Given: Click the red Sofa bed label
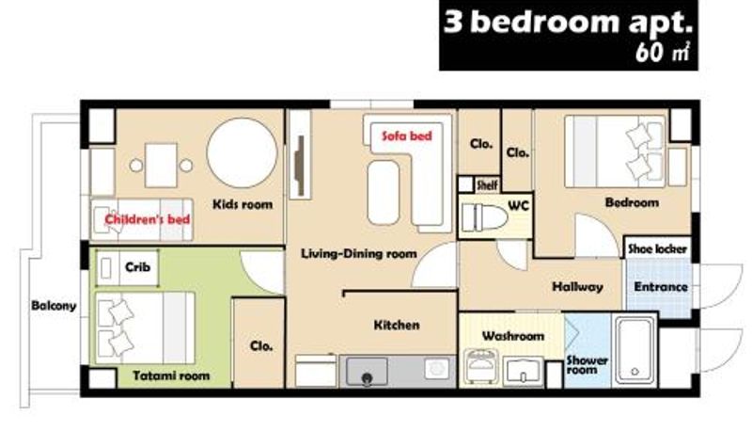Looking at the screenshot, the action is [407, 136].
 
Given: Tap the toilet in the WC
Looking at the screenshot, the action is [484, 218].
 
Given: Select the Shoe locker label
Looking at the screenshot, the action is [657, 249].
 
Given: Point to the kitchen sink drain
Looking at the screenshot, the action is [367, 378].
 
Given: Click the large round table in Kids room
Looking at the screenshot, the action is [243, 152].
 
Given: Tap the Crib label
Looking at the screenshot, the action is [137, 267].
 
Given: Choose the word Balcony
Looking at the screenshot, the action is [54, 306].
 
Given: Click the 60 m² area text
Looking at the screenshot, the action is [663, 52].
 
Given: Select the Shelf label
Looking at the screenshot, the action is [487, 184].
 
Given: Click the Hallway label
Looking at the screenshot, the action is [577, 287].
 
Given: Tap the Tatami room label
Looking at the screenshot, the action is [171, 375].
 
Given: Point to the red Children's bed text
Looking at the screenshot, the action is [148, 219].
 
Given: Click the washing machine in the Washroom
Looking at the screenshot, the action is [481, 367].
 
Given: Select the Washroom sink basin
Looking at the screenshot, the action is [524, 372].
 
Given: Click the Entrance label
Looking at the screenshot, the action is [661, 287].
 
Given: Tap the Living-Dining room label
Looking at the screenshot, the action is [359, 253].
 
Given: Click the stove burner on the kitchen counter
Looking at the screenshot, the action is [437, 369].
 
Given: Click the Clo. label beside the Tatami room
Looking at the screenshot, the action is [261, 346].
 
